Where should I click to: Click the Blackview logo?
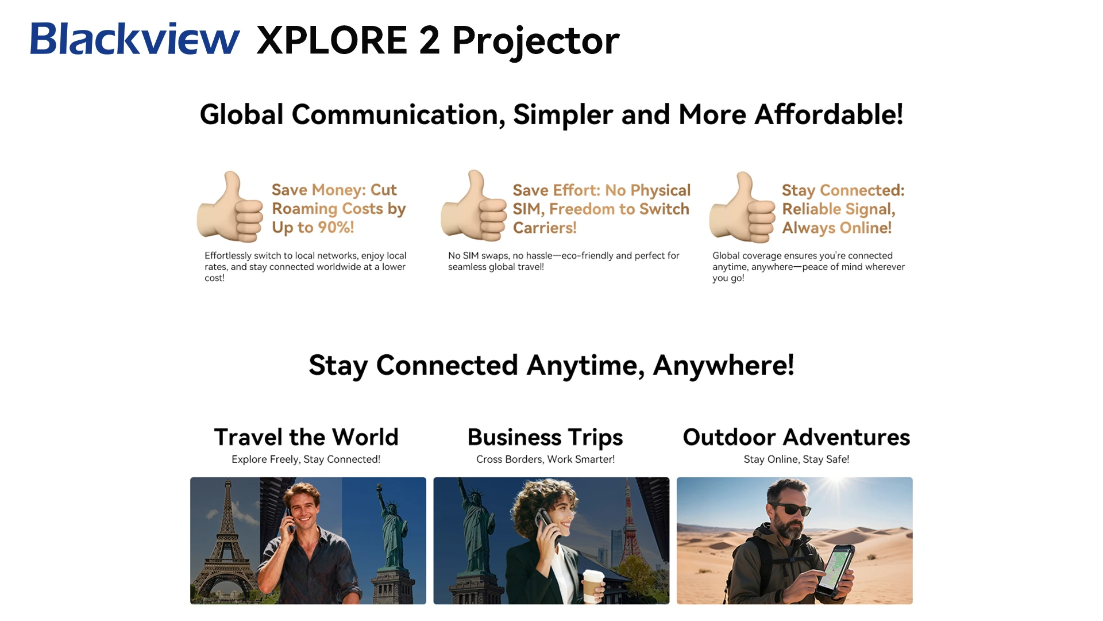(135, 39)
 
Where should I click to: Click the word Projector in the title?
(536, 41)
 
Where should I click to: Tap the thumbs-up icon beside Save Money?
(230, 206)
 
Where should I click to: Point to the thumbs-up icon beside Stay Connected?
(742, 207)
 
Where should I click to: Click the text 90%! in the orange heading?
(336, 227)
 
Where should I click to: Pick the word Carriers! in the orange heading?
(545, 228)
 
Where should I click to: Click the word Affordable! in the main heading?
(829, 114)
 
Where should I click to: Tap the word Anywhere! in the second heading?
(723, 365)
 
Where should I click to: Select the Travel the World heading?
(306, 437)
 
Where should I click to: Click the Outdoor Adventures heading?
(796, 437)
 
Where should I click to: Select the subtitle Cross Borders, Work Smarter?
(545, 459)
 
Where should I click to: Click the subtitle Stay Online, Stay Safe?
(796, 459)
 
